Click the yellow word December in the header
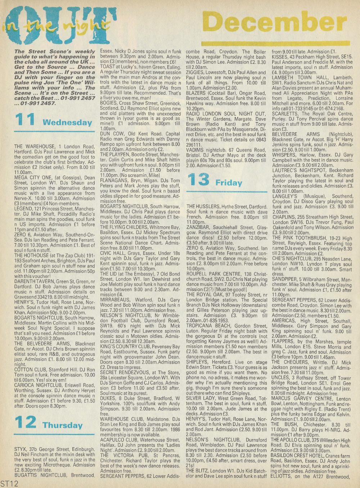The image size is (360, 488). (274, 24)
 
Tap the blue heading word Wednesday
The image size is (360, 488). (67, 122)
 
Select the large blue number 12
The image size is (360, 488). (26, 422)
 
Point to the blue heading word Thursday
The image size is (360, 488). (63, 425)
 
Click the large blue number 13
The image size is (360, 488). (198, 179)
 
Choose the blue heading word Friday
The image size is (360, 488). (229, 183)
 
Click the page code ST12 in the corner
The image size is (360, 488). (9, 483)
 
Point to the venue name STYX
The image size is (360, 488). (21, 449)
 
